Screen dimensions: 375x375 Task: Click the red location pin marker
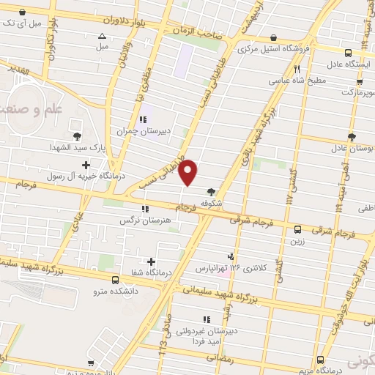point(190,171)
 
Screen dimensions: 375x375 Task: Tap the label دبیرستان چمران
point(144,132)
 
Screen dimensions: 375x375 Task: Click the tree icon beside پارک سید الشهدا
point(78,135)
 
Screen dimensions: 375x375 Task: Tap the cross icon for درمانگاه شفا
point(152,261)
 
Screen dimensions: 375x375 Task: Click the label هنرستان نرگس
point(145,220)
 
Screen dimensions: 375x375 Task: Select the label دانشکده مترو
point(115,291)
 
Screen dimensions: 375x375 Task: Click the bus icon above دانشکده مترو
point(115,279)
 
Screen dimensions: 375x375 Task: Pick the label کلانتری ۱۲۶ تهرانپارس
point(231,268)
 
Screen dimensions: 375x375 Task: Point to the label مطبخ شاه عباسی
point(297,81)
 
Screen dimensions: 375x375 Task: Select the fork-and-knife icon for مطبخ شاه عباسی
point(297,70)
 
